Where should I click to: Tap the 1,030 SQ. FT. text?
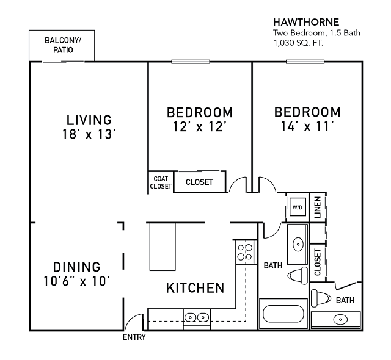point(298,43)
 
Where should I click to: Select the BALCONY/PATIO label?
point(62,45)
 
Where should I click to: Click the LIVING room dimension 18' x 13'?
point(89,134)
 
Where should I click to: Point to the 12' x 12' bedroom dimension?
point(199,127)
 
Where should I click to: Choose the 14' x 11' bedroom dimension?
point(307,127)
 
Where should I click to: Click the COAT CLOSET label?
point(160,182)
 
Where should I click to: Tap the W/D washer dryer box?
point(298,207)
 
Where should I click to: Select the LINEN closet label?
point(317,207)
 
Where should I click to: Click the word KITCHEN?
point(195,287)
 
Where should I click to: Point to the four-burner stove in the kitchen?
point(245,252)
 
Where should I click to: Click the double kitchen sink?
point(196,317)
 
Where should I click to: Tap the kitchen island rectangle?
point(163,247)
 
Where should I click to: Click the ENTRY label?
point(134,337)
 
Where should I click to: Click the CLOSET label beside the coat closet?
point(199,182)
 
